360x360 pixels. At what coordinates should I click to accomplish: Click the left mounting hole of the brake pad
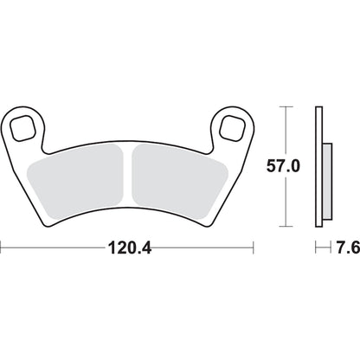coord(27,127)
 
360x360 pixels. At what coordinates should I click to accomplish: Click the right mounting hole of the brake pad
coord(231,126)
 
